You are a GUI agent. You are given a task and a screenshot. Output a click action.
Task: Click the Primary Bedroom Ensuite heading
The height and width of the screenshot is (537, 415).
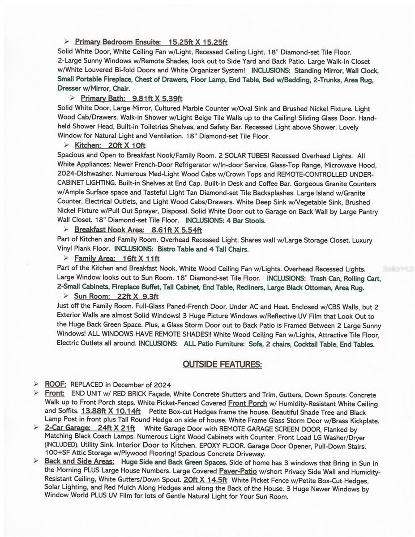pos(118,43)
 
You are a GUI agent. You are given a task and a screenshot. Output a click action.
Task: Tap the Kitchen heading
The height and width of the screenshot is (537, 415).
pos(88,145)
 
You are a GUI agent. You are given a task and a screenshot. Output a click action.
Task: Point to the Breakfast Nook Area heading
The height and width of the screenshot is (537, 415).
pos(109,230)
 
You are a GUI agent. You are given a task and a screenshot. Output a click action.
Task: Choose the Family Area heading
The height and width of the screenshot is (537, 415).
pos(94,259)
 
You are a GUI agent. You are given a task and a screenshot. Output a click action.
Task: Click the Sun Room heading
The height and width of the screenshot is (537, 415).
pos(91,296)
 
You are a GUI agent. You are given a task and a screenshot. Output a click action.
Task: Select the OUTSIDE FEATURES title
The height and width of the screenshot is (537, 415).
pos(222,364)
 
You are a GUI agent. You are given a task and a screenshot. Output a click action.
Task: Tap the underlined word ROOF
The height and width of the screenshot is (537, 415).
pos(56,384)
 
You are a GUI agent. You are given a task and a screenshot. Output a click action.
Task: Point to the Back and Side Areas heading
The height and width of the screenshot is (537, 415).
pos(79,461)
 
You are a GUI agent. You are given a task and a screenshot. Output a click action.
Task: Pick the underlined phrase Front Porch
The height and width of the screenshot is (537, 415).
pos(248,403)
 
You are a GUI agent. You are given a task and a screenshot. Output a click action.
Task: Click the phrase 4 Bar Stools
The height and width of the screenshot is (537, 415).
pos(245,221)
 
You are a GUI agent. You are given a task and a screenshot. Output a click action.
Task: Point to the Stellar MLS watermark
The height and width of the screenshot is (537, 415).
pos(398,269)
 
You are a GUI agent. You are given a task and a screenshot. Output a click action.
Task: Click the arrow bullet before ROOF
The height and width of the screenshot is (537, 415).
pos(36,384)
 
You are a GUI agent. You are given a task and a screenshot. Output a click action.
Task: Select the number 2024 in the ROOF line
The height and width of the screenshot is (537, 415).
pos(162,385)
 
